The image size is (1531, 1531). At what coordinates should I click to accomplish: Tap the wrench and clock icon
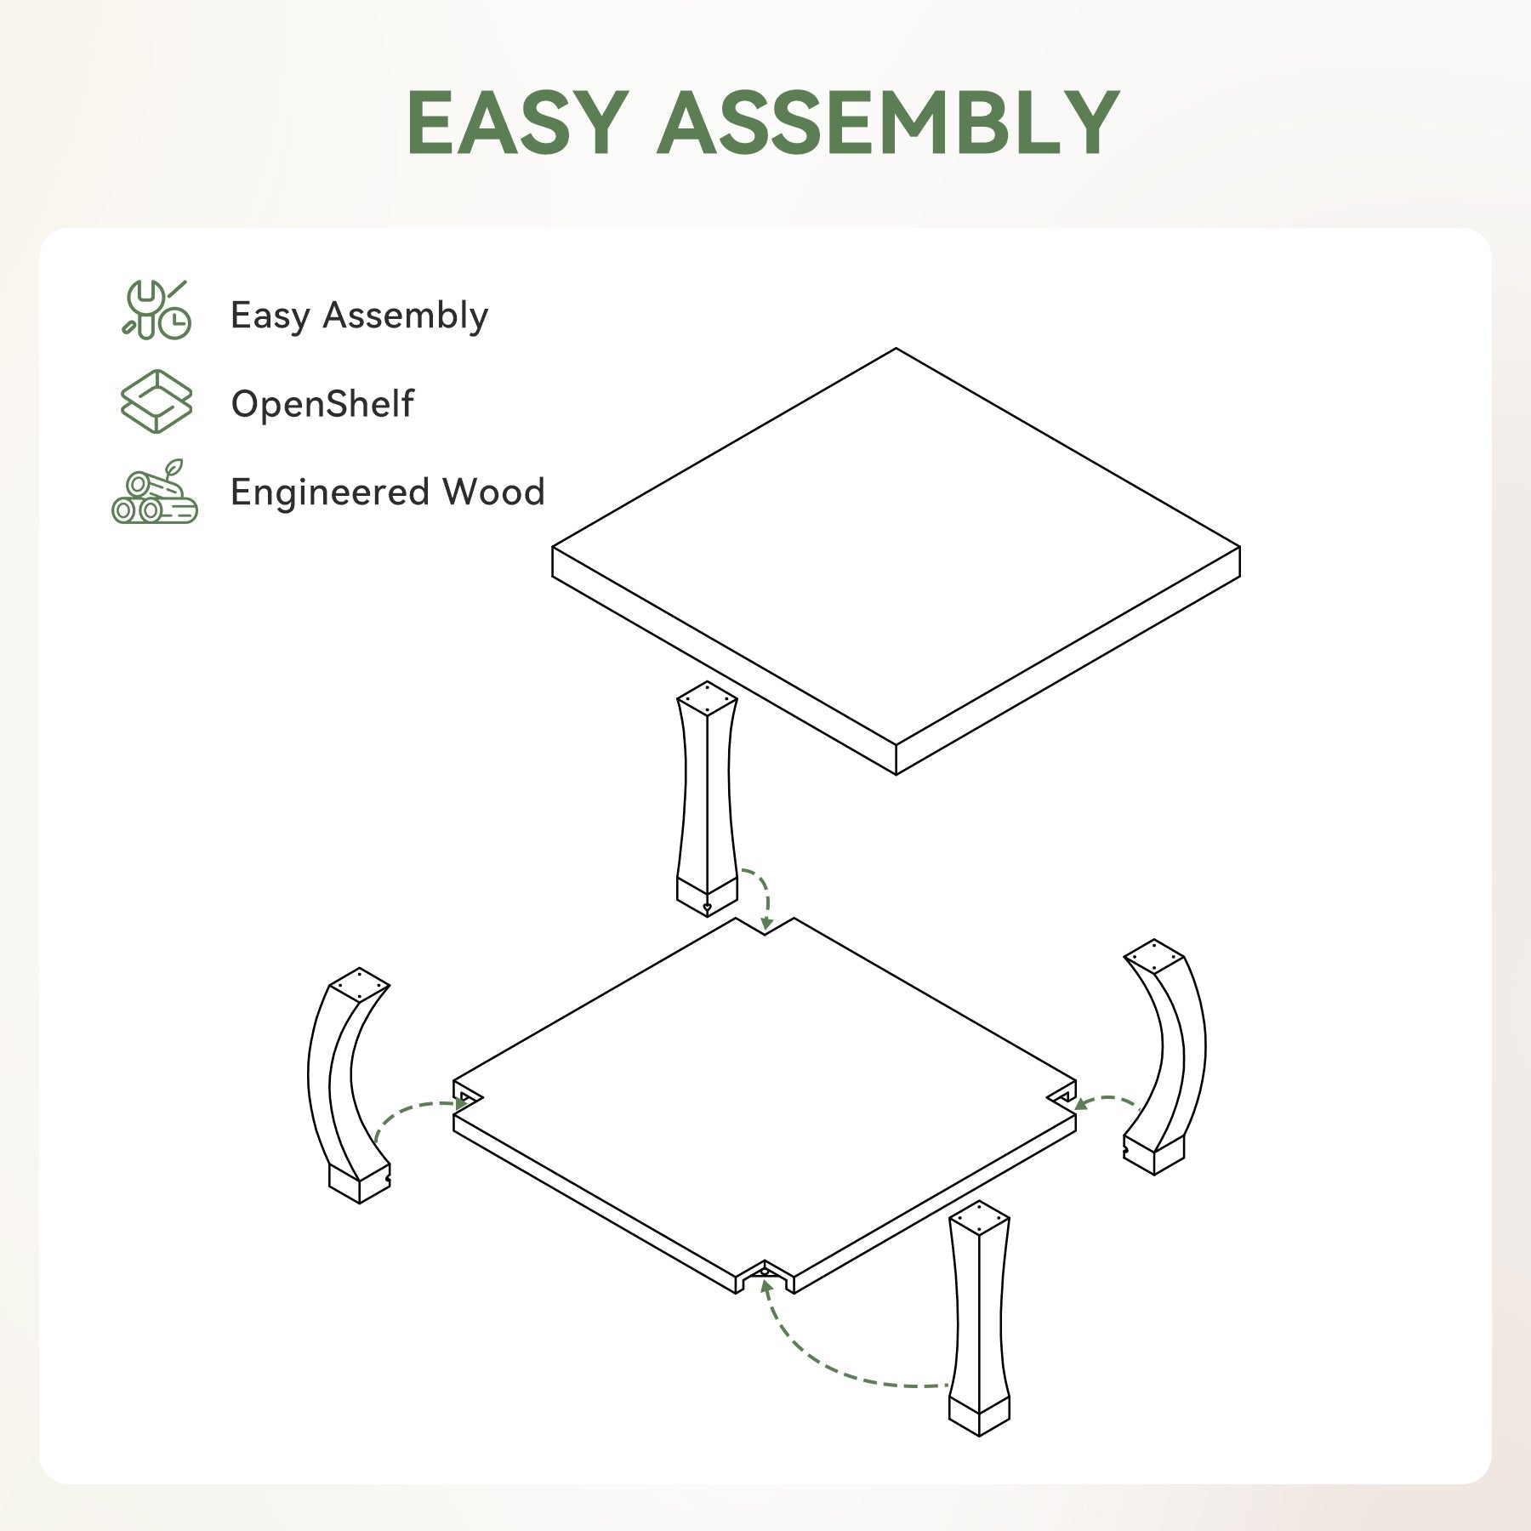[157, 311]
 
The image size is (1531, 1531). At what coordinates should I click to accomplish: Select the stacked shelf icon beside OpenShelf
[157, 401]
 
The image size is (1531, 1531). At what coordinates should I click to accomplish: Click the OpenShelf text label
[322, 404]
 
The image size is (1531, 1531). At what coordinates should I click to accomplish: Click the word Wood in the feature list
[493, 492]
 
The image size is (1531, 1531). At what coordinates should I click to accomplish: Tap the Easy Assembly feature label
[359, 316]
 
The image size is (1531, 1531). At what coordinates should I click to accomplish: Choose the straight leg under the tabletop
[707, 800]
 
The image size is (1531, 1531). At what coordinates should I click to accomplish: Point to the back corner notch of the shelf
[765, 928]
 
